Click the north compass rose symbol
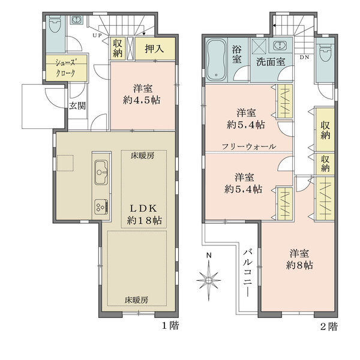209,279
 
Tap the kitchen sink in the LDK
100,175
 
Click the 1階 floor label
170,327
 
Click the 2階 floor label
329,327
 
